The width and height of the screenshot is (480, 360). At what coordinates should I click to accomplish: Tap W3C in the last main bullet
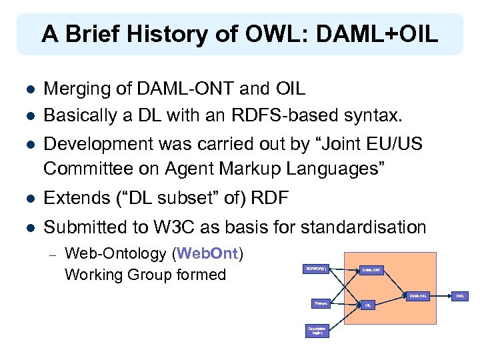tap(199, 228)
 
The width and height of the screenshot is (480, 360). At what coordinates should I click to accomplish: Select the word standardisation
tap(364, 228)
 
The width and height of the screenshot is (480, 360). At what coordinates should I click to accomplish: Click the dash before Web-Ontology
tap(52, 254)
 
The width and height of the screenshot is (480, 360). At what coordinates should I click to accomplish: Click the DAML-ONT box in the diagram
tap(371, 269)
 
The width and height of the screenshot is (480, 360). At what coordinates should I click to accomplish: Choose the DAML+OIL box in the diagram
tap(417, 295)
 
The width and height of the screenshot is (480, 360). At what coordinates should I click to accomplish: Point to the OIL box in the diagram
tap(367, 305)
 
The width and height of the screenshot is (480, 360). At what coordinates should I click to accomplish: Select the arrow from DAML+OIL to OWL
tap(440, 295)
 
